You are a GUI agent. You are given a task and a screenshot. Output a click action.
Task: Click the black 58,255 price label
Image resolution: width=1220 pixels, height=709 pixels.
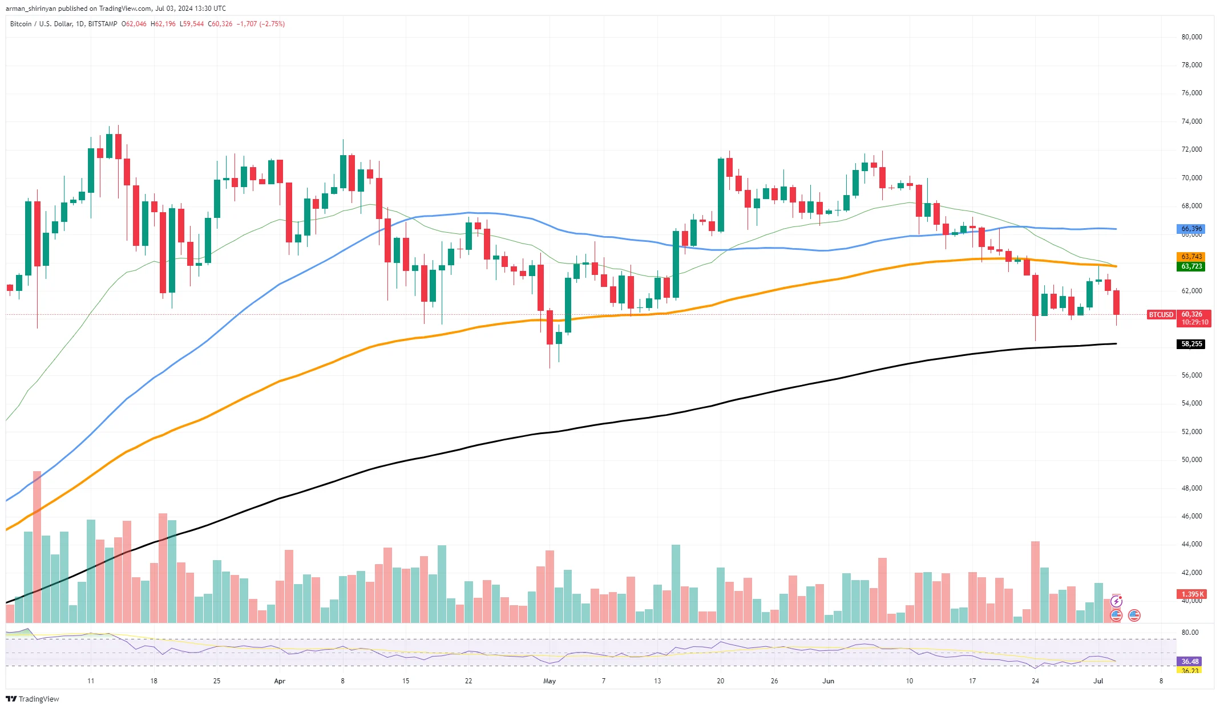pyautogui.click(x=1191, y=344)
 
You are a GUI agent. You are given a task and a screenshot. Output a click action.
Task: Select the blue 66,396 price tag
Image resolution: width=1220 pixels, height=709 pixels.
pyautogui.click(x=1191, y=229)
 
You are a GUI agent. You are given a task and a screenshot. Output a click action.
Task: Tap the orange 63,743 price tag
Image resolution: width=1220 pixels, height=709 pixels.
pyautogui.click(x=1191, y=257)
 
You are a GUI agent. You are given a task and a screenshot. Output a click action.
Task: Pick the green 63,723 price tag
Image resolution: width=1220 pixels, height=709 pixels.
pyautogui.click(x=1191, y=266)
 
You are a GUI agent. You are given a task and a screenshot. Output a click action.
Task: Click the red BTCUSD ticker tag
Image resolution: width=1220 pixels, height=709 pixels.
pyautogui.click(x=1161, y=315)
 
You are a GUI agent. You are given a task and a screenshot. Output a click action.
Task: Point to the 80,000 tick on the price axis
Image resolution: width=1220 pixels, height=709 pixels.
pyautogui.click(x=1191, y=37)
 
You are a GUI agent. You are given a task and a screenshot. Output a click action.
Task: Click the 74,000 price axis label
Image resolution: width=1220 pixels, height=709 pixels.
pyautogui.click(x=1191, y=121)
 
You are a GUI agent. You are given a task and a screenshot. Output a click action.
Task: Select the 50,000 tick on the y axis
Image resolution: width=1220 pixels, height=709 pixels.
pyautogui.click(x=1191, y=460)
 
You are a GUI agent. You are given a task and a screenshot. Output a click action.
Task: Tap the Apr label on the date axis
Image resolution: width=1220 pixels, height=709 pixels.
pyautogui.click(x=280, y=681)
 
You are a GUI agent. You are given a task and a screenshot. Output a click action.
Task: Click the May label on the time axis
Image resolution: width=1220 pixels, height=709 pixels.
pyautogui.click(x=550, y=681)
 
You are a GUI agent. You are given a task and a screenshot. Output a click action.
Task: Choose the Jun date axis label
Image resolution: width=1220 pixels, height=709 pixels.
pyautogui.click(x=828, y=681)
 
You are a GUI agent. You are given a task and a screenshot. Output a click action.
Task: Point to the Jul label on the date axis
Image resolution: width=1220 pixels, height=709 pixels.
pyautogui.click(x=1098, y=681)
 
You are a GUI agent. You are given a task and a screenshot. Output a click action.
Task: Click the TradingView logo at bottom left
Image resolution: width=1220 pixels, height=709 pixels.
pyautogui.click(x=33, y=699)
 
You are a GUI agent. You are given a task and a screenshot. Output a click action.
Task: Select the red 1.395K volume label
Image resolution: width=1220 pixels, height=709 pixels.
pyautogui.click(x=1191, y=594)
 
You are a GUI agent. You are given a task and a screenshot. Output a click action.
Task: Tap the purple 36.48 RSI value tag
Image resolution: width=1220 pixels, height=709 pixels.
pyautogui.click(x=1190, y=662)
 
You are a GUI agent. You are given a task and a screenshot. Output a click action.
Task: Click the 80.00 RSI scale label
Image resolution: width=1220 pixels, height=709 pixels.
pyautogui.click(x=1190, y=633)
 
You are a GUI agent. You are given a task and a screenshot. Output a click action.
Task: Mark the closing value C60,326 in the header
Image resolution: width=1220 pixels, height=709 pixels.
pyautogui.click(x=220, y=24)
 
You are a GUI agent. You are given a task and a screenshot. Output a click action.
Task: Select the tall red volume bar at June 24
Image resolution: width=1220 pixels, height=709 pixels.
pyautogui.click(x=1035, y=582)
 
